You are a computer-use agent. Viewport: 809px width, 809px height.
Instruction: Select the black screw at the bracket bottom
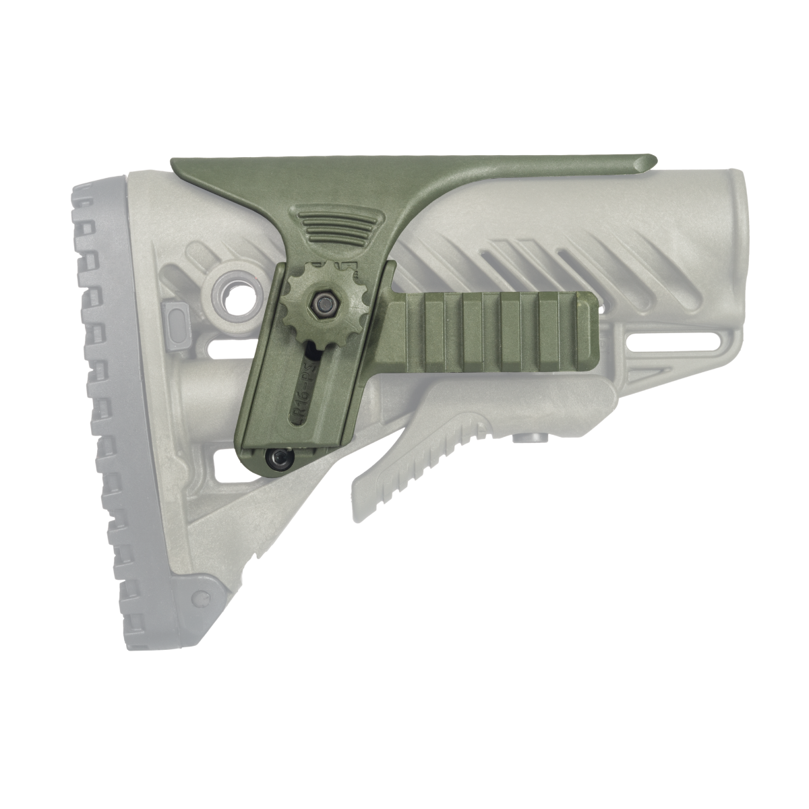pos(277,458)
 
